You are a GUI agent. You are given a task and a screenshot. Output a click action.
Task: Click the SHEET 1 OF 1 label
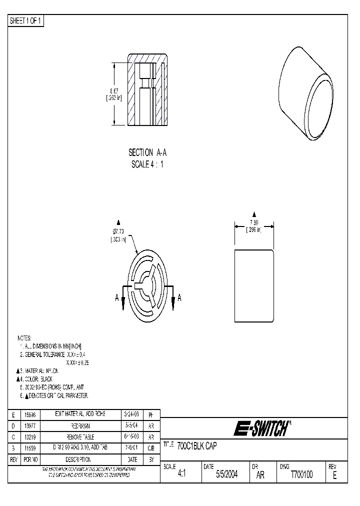26,20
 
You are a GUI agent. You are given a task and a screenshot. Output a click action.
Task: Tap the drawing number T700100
301,475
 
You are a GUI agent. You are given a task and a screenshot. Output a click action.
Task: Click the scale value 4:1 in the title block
181,475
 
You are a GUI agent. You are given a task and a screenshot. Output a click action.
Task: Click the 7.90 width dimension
253,222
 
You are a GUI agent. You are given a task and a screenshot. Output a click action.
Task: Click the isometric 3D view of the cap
304,94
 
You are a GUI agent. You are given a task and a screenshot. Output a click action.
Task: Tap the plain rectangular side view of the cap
254,286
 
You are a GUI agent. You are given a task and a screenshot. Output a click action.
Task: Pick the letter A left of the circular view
117,298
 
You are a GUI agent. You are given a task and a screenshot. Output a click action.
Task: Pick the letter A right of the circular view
179,298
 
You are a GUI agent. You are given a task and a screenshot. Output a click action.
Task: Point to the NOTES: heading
24,338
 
